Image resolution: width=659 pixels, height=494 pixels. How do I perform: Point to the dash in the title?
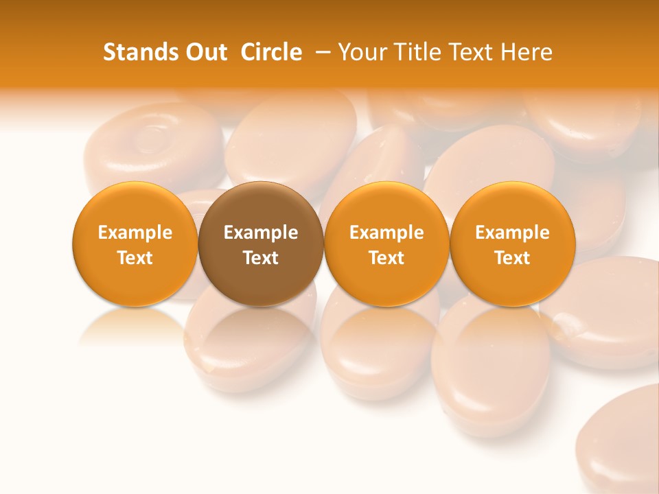tap(320, 53)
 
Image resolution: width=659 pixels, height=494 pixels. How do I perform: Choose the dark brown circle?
tap(261, 244)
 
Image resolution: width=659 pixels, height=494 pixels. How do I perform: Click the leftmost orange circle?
tap(135, 244)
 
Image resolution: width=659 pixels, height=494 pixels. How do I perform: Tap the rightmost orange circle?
tap(513, 244)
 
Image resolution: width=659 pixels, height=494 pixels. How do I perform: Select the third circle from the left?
tap(386, 244)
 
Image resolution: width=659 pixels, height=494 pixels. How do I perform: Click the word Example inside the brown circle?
tap(261, 233)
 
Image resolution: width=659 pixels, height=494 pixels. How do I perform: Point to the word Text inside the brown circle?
tap(261, 258)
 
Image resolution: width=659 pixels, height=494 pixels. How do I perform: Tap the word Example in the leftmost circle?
tap(135, 233)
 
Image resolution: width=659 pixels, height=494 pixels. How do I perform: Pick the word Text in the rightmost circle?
tap(513, 258)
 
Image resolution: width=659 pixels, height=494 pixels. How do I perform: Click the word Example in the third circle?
tap(386, 233)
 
